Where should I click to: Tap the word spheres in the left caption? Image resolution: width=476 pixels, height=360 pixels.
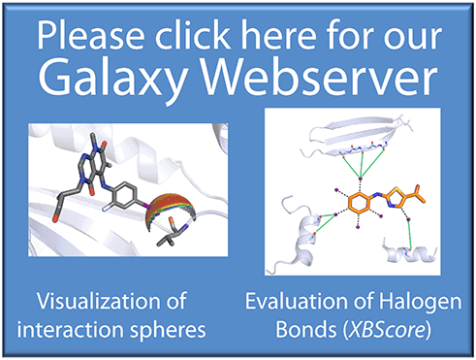pos(174,328)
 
